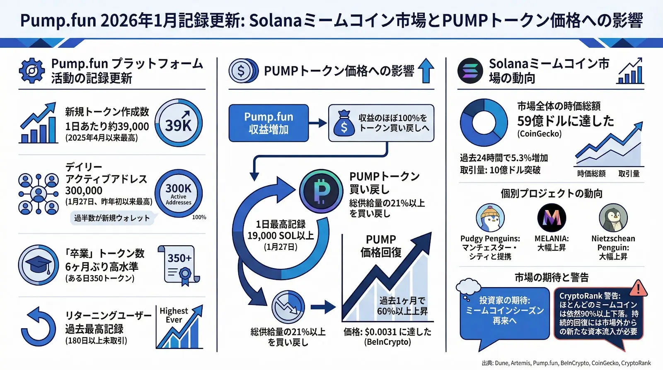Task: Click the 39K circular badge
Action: (179, 123)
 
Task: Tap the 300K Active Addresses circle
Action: (179, 193)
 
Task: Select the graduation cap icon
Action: (39, 265)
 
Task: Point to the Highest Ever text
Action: (174, 315)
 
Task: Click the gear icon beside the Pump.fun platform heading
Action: (32, 71)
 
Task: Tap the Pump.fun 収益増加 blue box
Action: (269, 123)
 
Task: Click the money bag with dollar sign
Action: (344, 123)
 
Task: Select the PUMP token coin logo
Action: (321, 191)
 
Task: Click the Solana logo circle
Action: (470, 71)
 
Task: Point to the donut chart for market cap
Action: (484, 123)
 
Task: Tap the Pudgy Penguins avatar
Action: (490, 218)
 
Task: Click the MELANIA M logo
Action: (552, 218)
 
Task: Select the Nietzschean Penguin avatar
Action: (613, 218)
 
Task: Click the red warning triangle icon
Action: (638, 288)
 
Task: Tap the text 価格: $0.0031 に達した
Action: (387, 332)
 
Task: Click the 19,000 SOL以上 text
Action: (281, 236)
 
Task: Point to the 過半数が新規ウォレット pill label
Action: (112, 218)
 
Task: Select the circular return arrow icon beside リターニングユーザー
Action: (39, 327)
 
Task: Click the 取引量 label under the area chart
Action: (629, 174)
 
